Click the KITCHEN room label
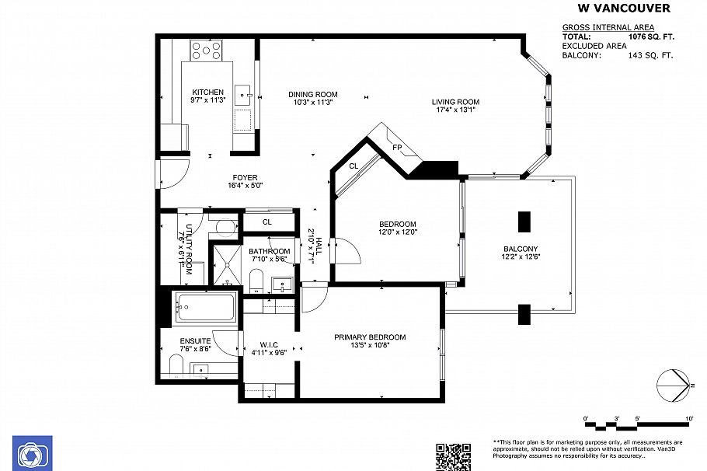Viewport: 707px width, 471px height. [x=207, y=92]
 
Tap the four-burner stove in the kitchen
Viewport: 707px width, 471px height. [x=207, y=51]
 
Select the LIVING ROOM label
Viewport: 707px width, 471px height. [x=456, y=102]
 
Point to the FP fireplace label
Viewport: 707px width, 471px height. [x=397, y=147]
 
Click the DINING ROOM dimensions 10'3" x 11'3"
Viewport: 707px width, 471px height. [x=313, y=102]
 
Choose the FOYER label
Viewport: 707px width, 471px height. [x=246, y=177]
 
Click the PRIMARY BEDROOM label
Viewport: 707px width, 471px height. [x=370, y=337]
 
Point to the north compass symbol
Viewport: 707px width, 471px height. [x=674, y=385]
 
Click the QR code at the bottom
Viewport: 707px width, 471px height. [x=453, y=456]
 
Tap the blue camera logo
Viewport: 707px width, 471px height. [x=32, y=454]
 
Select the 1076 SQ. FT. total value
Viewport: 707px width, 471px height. [x=650, y=37]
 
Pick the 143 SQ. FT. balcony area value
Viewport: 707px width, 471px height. [x=650, y=55]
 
